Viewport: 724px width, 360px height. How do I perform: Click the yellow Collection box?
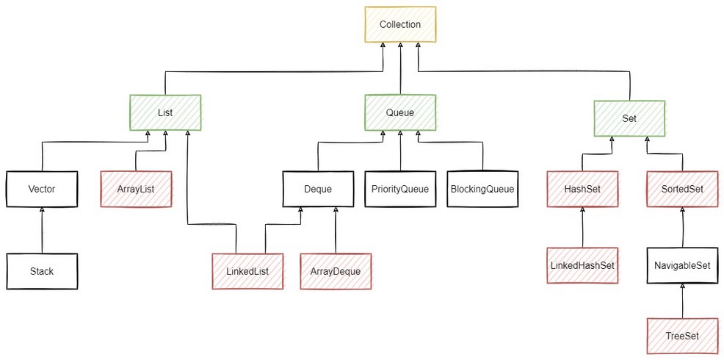(400, 24)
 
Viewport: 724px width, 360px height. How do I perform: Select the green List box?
(165, 112)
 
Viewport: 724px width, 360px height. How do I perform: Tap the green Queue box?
(400, 112)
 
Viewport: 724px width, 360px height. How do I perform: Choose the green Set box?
(629, 118)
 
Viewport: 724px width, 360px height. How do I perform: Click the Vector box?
(42, 189)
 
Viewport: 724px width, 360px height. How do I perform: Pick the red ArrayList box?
(136, 189)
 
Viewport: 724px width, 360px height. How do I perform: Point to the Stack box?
(42, 271)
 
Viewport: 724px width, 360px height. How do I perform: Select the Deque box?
(318, 189)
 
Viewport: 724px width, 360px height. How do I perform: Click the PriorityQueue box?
(400, 189)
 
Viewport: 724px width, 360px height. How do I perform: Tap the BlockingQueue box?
(482, 189)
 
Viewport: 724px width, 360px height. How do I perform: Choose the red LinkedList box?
(247, 271)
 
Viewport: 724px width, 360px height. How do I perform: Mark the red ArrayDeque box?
(336, 271)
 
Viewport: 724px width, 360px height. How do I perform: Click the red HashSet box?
(582, 189)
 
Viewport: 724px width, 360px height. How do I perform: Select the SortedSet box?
(682, 189)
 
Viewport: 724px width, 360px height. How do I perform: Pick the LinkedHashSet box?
(582, 265)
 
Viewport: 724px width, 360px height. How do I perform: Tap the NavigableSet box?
(682, 265)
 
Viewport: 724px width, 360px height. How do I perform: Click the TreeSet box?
(682, 336)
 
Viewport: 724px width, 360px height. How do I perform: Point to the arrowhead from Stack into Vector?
(42, 210)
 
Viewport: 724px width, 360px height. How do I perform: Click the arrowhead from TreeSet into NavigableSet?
(682, 286)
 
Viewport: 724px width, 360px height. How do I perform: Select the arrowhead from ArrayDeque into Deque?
(336, 210)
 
